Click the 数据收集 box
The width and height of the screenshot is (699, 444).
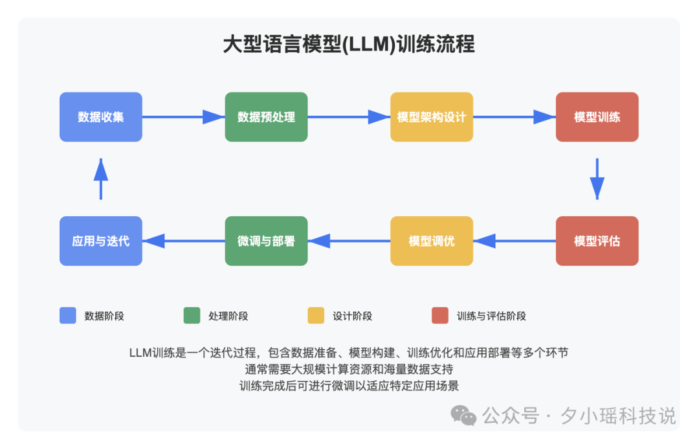[101, 117]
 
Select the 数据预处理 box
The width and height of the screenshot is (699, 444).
[266, 117]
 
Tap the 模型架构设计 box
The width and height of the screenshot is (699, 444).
[432, 117]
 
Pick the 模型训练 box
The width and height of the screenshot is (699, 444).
[597, 117]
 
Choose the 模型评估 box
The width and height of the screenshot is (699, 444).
[597, 241]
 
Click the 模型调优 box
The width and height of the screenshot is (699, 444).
[432, 241]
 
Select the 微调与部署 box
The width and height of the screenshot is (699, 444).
[266, 241]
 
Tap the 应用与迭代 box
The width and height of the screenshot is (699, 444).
[101, 241]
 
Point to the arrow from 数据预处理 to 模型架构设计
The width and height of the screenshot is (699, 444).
[348, 117]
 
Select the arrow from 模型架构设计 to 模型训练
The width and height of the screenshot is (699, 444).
[514, 117]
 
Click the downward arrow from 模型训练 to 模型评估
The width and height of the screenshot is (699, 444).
[597, 179]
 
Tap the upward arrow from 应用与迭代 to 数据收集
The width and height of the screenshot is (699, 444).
[101, 179]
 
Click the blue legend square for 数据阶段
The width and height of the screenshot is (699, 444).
[68, 315]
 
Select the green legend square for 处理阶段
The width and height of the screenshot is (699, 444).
[192, 315]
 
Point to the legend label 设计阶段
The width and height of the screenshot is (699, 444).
[352, 316]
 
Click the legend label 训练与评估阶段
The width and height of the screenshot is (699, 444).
[491, 316]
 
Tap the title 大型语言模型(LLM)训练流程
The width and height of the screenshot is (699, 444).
[349, 45]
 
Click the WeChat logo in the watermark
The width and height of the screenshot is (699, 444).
[463, 414]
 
